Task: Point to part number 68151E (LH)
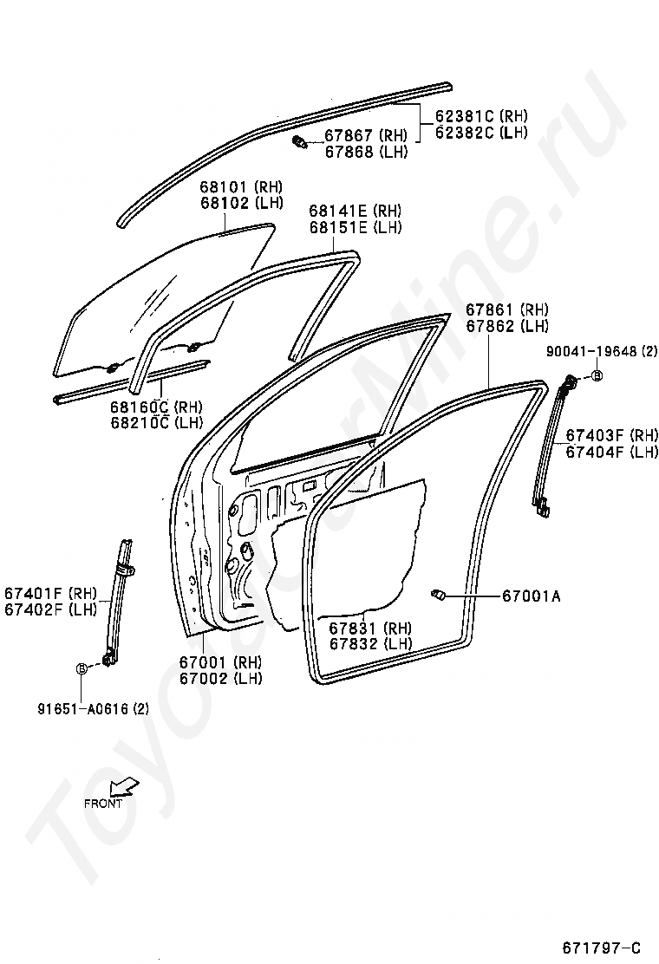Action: click(x=356, y=228)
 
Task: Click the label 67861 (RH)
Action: click(x=506, y=309)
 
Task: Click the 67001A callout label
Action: click(x=531, y=596)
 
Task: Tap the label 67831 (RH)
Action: click(x=370, y=628)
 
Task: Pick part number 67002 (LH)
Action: click(x=220, y=679)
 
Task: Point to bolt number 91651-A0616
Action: click(x=93, y=708)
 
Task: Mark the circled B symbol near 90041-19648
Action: click(x=597, y=375)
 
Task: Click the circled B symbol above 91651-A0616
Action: click(x=82, y=668)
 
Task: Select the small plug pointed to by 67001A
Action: click(x=438, y=594)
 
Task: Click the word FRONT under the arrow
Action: click(x=102, y=803)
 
